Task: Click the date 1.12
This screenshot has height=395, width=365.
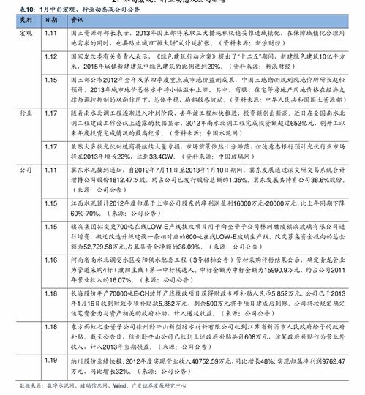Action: click(51, 56)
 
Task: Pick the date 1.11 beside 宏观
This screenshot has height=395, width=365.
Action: click(51, 34)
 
